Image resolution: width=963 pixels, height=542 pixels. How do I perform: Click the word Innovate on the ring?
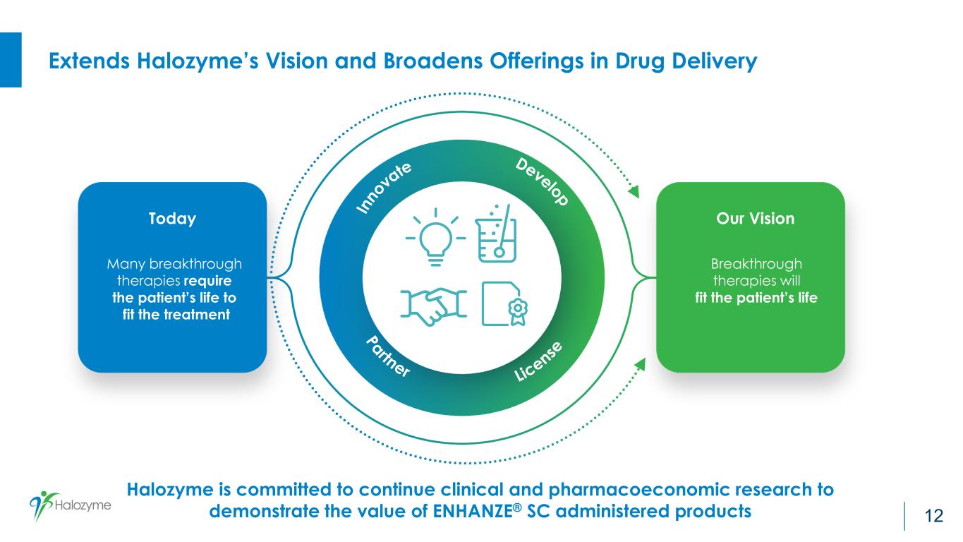(384, 187)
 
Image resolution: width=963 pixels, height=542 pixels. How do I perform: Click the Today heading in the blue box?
(172, 219)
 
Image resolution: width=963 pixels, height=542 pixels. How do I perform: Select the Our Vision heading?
(750, 219)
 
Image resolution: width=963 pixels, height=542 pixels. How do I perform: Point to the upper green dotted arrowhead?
(634, 191)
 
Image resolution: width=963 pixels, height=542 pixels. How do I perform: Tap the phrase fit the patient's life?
(756, 298)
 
